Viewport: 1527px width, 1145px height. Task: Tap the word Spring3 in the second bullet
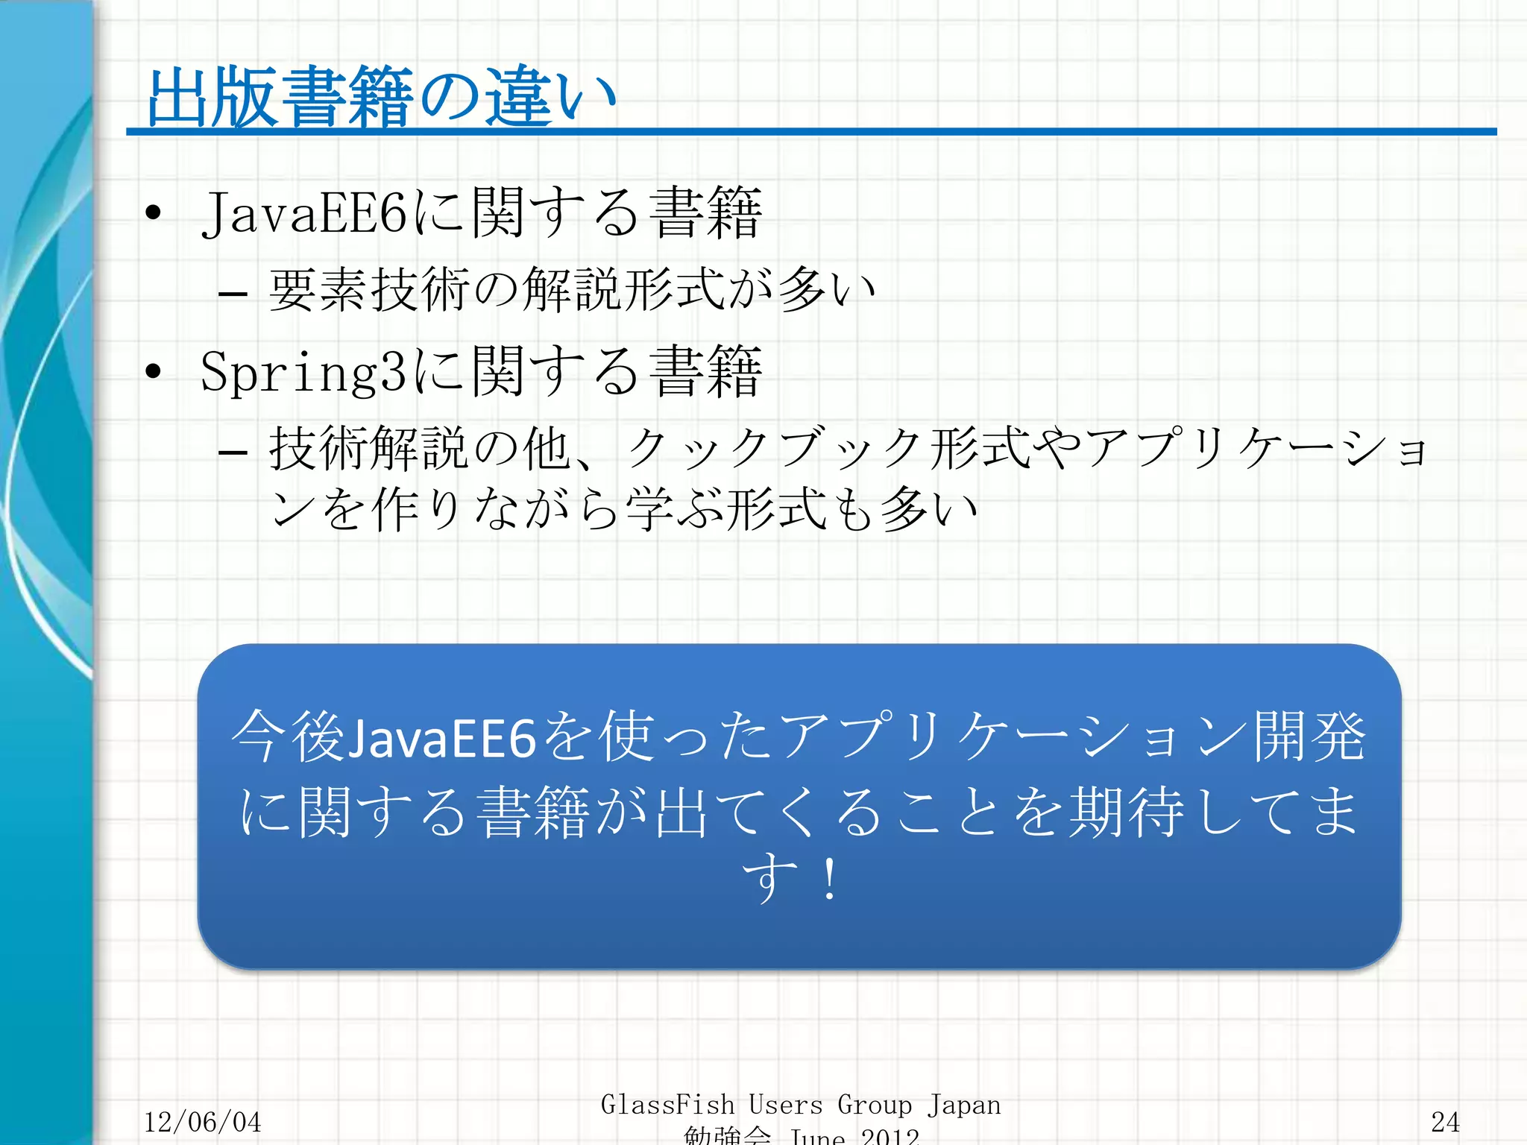(303, 372)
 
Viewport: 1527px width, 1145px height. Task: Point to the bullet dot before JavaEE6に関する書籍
(154, 214)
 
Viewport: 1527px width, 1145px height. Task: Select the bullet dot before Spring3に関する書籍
(154, 371)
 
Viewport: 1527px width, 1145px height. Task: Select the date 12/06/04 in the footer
(202, 1122)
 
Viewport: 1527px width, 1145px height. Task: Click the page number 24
(1445, 1122)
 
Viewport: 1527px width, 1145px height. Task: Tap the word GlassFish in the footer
(667, 1104)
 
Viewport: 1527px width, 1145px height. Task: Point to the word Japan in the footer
(964, 1105)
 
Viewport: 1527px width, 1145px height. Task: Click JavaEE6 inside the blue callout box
(442, 738)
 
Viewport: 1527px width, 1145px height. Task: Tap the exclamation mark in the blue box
(829, 880)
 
